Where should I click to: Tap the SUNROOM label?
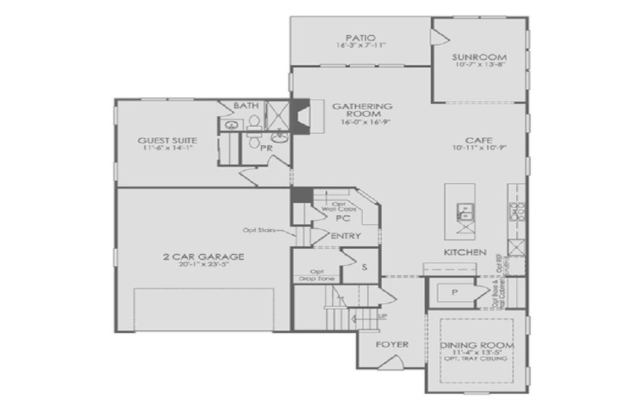(479, 57)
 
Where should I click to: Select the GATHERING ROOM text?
(362, 110)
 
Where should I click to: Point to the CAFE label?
(478, 140)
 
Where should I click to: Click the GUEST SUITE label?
(167, 141)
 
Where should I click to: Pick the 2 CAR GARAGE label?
(203, 256)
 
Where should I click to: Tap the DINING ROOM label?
(477, 345)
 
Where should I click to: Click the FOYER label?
(392, 344)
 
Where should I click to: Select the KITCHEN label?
(465, 252)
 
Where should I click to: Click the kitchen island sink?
(466, 212)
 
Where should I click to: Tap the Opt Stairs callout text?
(259, 230)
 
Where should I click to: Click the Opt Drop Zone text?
(316, 275)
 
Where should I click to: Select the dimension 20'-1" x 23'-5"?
(203, 265)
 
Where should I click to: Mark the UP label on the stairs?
(383, 316)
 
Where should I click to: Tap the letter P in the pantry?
(454, 293)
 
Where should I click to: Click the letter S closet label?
(364, 266)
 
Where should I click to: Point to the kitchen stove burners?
(520, 211)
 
